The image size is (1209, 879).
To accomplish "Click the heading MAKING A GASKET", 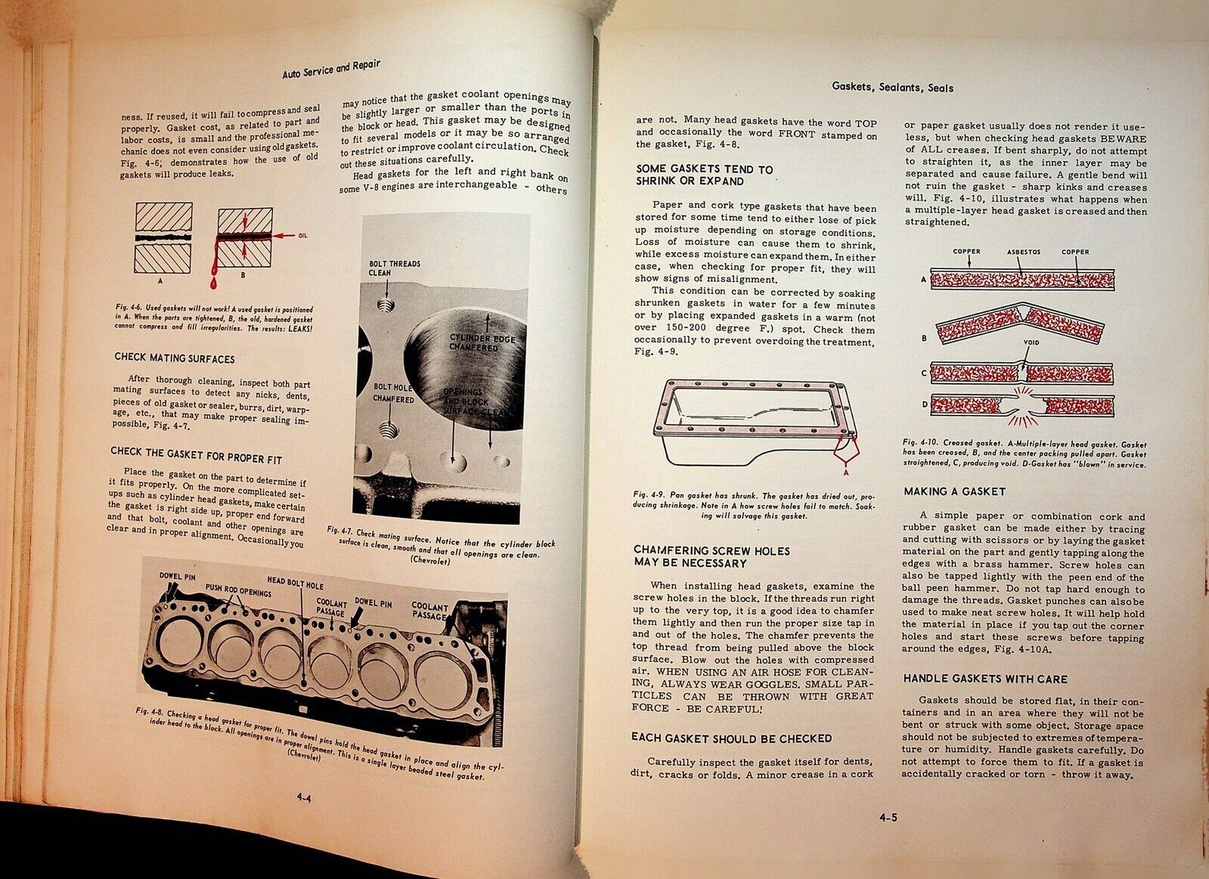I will click(x=954, y=491).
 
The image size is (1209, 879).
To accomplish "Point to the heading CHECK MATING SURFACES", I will click(x=175, y=358).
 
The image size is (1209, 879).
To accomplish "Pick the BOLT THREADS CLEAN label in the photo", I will click(x=394, y=268).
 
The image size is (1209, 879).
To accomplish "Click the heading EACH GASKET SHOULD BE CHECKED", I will click(x=731, y=738).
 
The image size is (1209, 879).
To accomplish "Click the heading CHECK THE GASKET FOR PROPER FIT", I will click(x=196, y=454).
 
